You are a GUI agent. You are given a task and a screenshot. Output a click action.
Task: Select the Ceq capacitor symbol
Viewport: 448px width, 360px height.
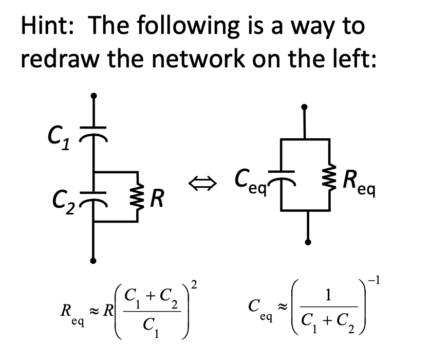[x=282, y=173]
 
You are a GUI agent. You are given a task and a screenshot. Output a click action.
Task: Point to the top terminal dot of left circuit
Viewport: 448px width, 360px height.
[x=93, y=96]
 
